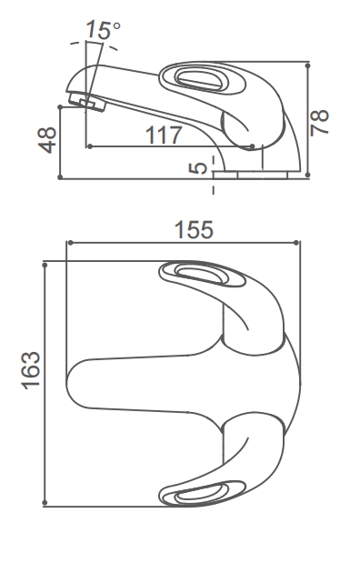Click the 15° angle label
pyautogui.click(x=104, y=29)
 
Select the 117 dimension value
pyautogui.click(x=164, y=135)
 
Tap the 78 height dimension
pyautogui.click(x=319, y=122)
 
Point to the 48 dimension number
pyautogui.click(x=47, y=140)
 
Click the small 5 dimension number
pyautogui.click(x=198, y=167)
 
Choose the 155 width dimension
pyautogui.click(x=194, y=230)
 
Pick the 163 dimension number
pyautogui.click(x=31, y=370)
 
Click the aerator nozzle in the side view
pyautogui.click(x=87, y=101)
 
